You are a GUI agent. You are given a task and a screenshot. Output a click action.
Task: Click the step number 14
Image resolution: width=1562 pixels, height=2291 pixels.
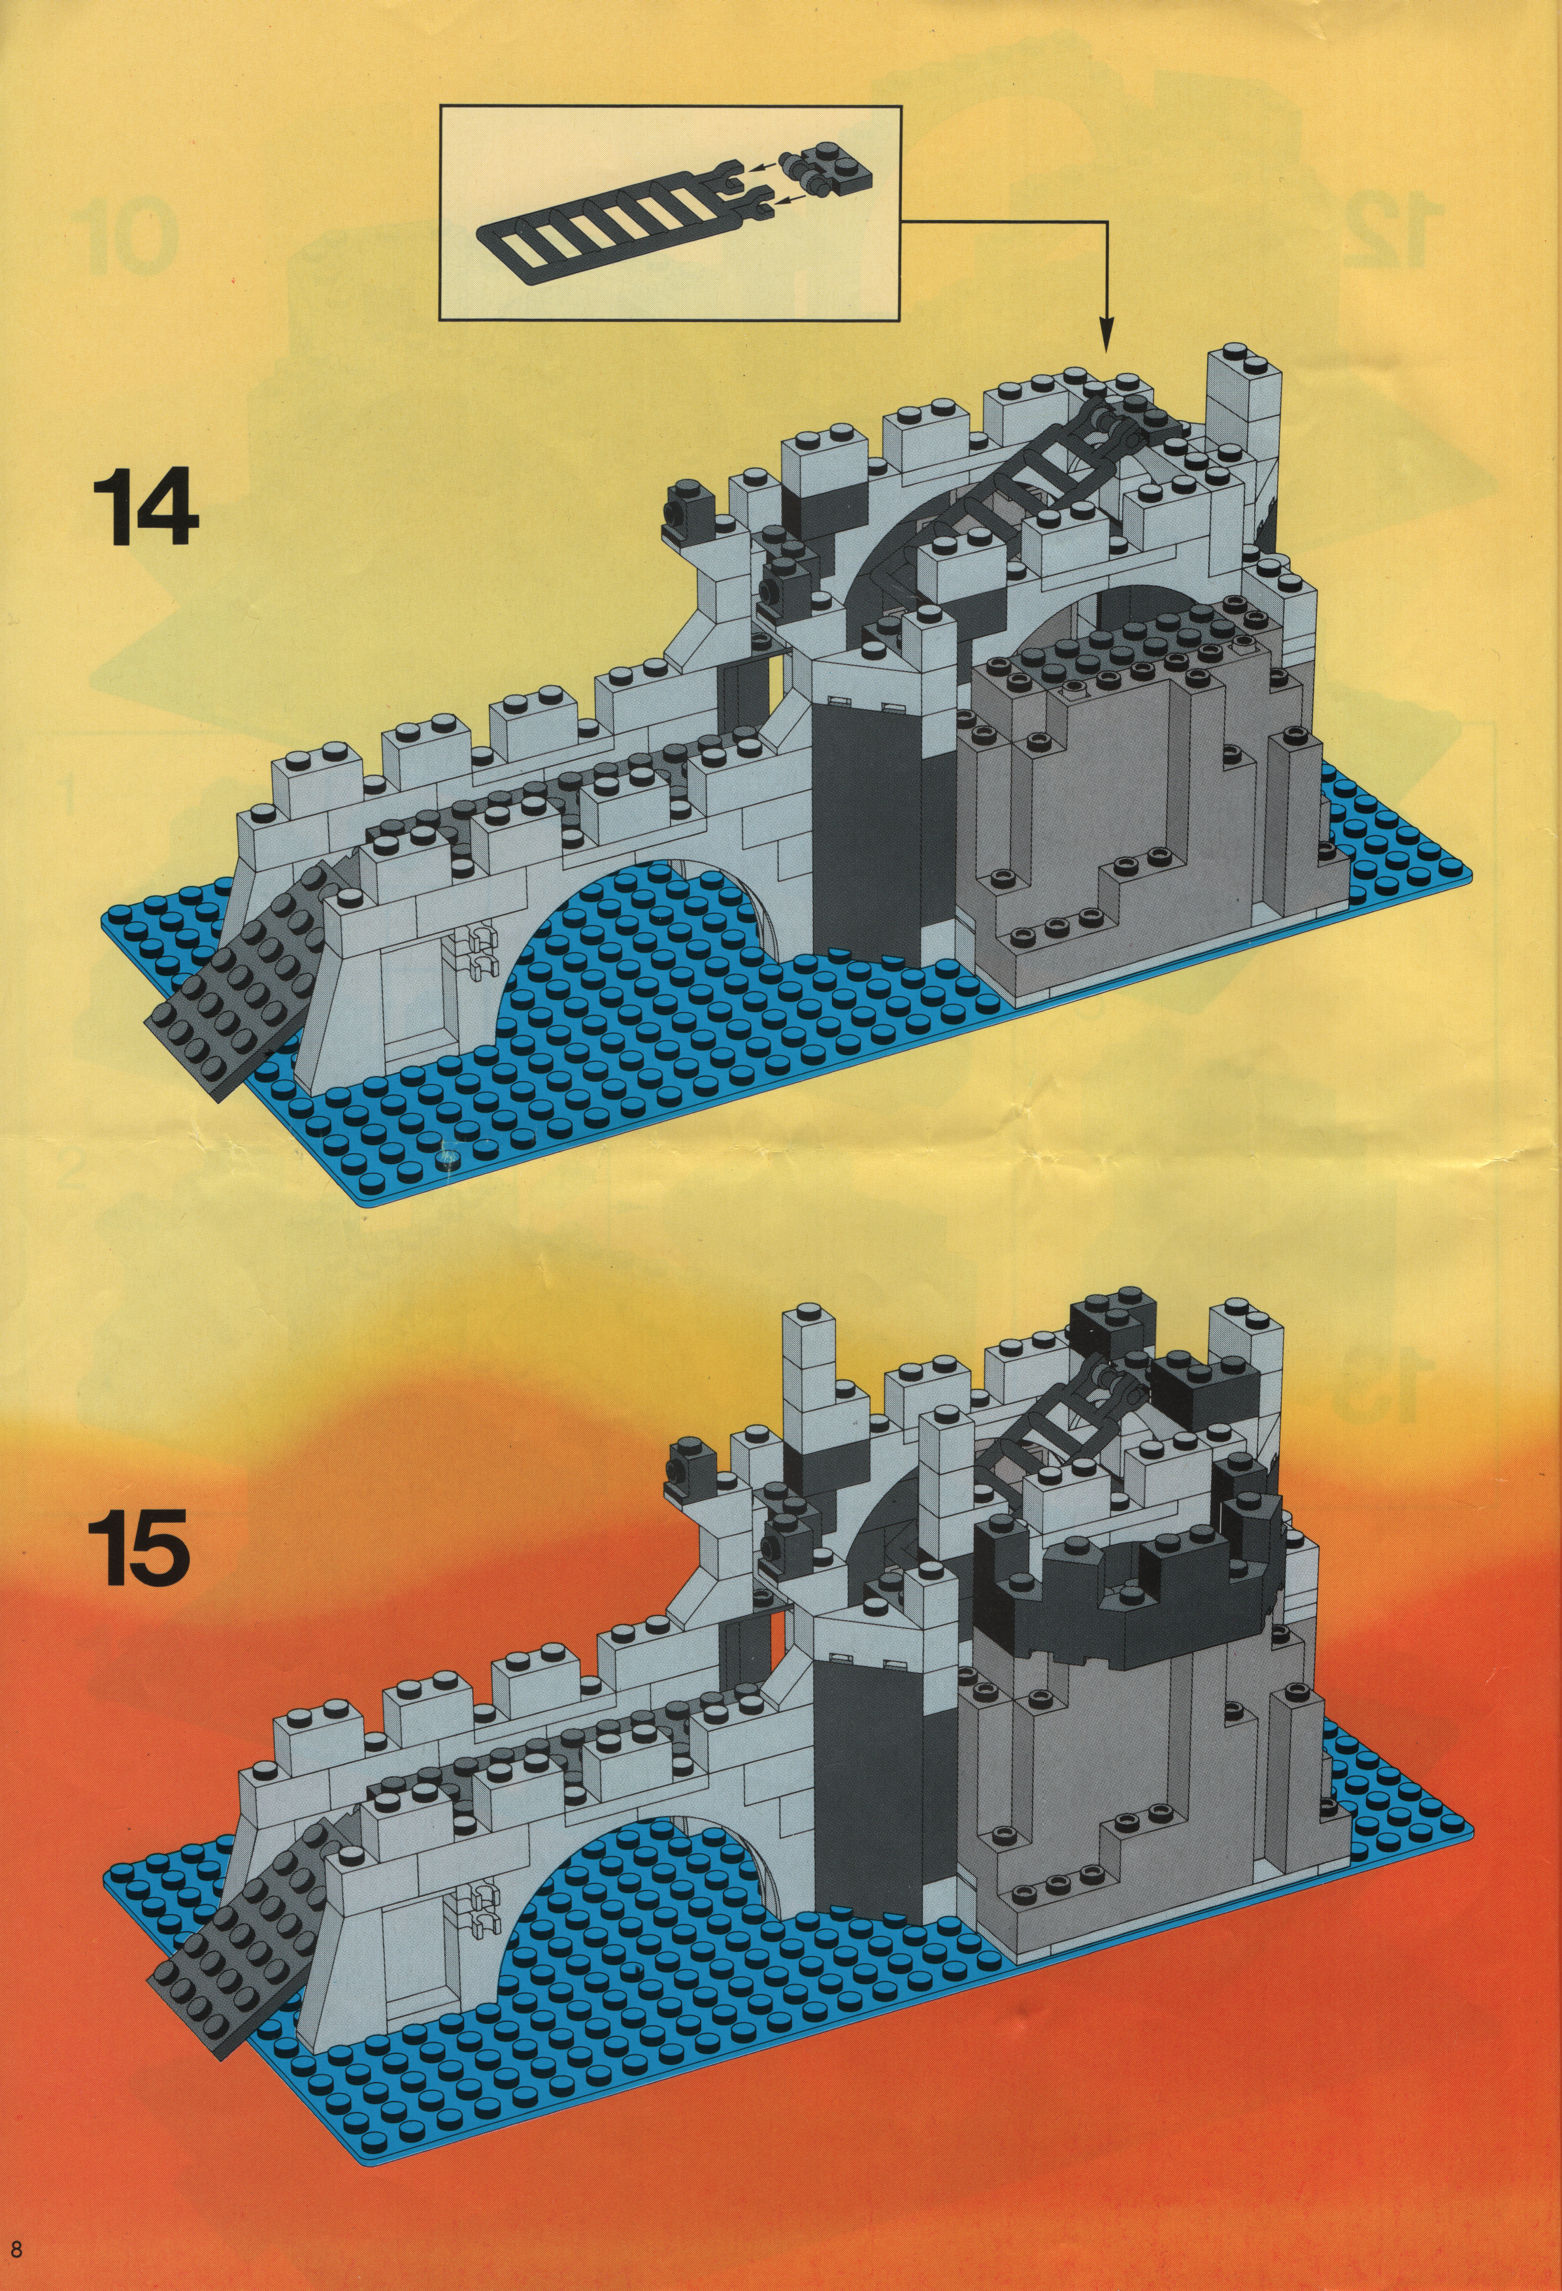(144, 506)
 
